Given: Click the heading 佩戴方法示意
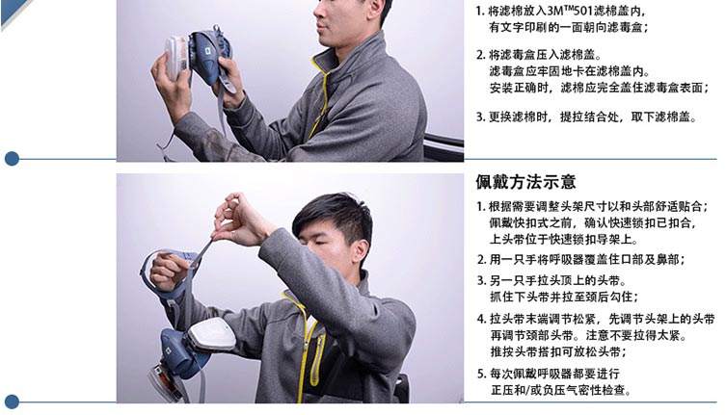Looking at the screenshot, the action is pyautogui.click(x=525, y=182).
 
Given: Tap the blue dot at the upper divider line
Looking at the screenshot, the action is pyautogui.click(x=12, y=159).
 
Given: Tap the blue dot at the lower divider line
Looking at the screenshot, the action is pyautogui.click(x=12, y=402).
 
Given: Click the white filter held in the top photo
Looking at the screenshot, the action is pyautogui.click(x=175, y=58).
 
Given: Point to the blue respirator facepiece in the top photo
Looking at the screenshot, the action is pyautogui.click(x=208, y=56).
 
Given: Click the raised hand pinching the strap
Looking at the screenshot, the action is pyautogui.click(x=237, y=219).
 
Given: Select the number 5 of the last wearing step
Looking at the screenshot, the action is pyautogui.click(x=480, y=374).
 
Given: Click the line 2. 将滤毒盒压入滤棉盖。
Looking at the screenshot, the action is pyautogui.click(x=539, y=55).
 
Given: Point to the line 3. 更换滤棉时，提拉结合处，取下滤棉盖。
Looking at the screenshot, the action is pyautogui.click(x=586, y=117).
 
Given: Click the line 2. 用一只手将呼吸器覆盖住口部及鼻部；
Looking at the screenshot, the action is pyautogui.click(x=581, y=260).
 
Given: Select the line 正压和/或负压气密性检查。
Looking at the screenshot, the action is pyautogui.click(x=561, y=391).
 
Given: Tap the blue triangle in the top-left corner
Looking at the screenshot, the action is pyautogui.click(x=13, y=13).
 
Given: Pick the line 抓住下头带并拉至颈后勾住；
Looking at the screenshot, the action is pyautogui.click(x=564, y=297).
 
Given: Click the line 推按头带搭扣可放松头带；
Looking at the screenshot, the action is pyautogui.click(x=558, y=351).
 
